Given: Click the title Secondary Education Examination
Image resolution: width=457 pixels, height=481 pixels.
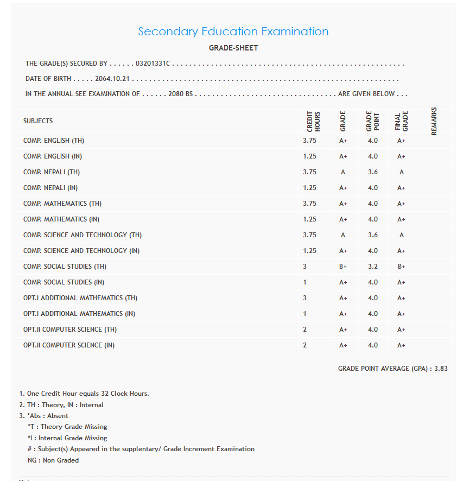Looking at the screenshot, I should (x=233, y=31).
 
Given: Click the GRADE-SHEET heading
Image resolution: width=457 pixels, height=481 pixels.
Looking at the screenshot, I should (x=233, y=48).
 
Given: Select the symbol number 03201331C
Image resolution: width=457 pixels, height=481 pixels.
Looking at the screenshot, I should (x=153, y=64).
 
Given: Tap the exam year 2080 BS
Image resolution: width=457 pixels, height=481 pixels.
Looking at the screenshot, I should (x=181, y=94).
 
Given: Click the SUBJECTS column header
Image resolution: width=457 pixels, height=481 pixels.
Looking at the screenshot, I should (x=38, y=121).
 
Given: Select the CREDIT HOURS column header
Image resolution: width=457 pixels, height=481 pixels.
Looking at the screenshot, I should (x=314, y=121).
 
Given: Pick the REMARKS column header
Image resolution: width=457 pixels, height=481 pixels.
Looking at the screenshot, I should (x=434, y=121).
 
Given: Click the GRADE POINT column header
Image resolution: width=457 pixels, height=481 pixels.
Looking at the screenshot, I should (x=372, y=121).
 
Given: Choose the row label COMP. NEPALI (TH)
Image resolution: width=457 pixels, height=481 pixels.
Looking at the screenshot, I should (x=52, y=172).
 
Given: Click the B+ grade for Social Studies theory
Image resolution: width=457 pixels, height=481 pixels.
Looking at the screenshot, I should (x=343, y=267).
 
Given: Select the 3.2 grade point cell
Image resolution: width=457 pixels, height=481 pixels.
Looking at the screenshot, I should (x=373, y=267).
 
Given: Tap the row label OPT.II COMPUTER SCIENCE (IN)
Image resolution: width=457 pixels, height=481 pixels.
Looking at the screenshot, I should (x=69, y=345).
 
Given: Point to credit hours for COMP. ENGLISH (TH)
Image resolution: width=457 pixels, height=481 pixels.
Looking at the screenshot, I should (x=309, y=141).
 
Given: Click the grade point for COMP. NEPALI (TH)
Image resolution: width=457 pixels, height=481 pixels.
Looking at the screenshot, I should (x=373, y=172).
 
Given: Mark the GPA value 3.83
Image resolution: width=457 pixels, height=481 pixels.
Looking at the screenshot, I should (x=441, y=369).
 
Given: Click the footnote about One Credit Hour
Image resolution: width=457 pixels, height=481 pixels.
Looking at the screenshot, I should (x=84, y=394).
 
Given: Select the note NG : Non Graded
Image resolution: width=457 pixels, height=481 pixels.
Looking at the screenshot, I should (x=53, y=460).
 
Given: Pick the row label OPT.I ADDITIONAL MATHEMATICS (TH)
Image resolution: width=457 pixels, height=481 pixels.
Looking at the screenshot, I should (x=80, y=298).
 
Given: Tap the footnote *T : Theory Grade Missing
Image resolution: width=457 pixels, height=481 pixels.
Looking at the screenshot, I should (x=67, y=427).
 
